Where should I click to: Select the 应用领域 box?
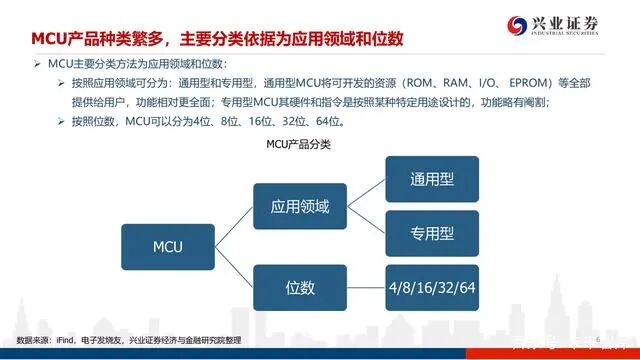click(x=307, y=207)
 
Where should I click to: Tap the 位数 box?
click(x=307, y=287)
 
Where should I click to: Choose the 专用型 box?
click(x=432, y=234)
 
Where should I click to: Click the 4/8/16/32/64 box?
click(x=432, y=288)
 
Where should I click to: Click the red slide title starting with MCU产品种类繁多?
click(x=215, y=40)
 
